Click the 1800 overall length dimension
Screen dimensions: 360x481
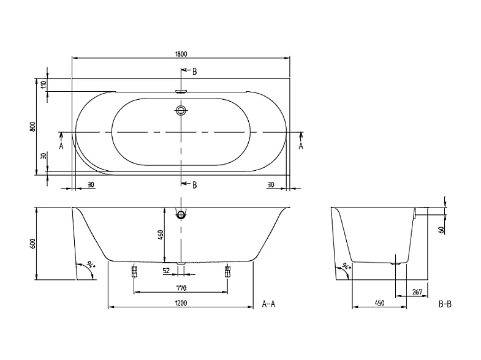(180, 53)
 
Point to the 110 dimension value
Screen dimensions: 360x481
(43, 85)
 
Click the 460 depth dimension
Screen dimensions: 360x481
(159, 235)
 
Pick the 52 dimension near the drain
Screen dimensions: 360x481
(165, 270)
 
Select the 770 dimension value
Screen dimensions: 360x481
(180, 287)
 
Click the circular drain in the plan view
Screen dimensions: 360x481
(181, 111)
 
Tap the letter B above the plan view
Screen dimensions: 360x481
(194, 72)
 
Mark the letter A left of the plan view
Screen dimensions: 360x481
(61, 146)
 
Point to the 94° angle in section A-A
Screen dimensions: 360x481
(90, 264)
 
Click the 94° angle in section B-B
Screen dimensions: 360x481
(347, 266)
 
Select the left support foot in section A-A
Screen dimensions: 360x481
(134, 271)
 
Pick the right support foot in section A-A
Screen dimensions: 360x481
(227, 271)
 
